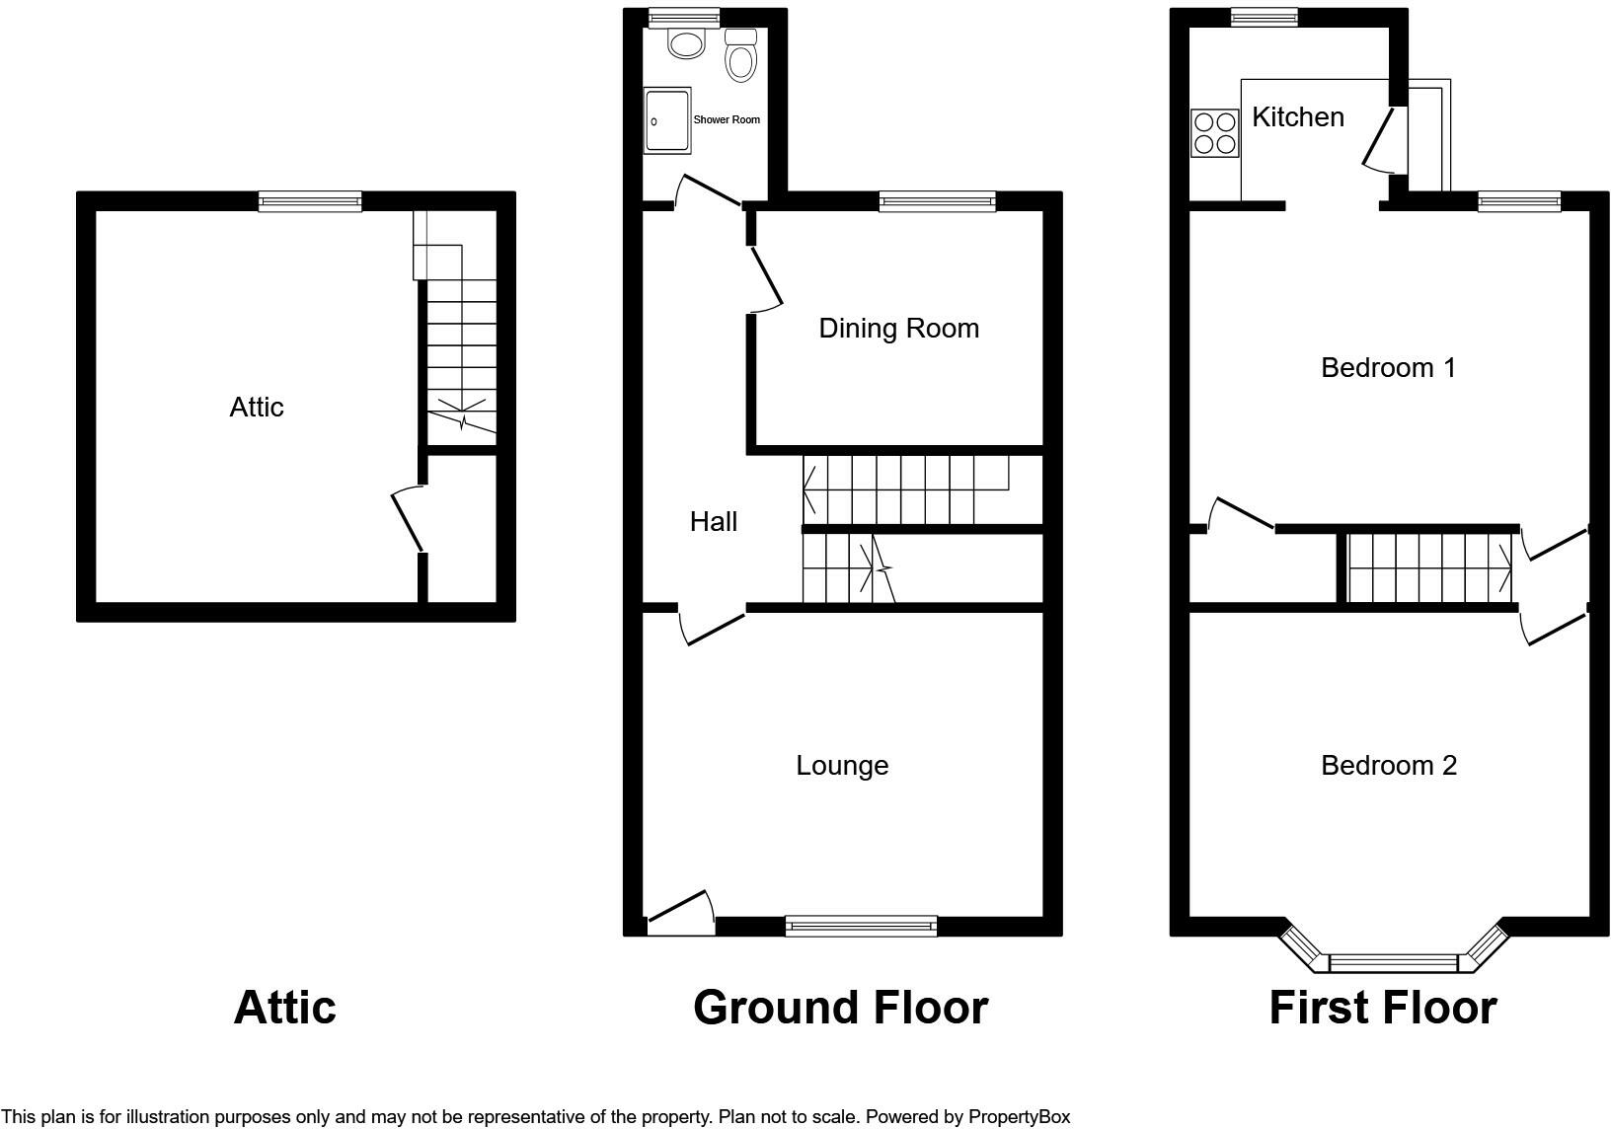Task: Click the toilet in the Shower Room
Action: (x=740, y=55)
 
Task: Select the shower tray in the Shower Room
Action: (x=667, y=120)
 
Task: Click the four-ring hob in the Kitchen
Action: (x=1215, y=132)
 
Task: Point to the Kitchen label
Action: (x=1298, y=117)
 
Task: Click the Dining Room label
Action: (x=899, y=329)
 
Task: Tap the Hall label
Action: (x=714, y=522)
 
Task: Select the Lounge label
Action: (x=842, y=766)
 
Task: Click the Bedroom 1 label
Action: (x=1389, y=368)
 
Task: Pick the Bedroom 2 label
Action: (x=1389, y=766)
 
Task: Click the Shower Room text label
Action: (x=727, y=120)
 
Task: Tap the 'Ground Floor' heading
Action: (x=841, y=1008)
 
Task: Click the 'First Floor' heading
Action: (x=1383, y=1008)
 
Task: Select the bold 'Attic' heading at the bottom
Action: (x=285, y=1008)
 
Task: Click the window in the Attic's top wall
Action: (x=310, y=201)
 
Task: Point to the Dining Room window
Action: (x=937, y=201)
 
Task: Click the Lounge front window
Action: (x=861, y=927)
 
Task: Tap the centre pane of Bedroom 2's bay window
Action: (x=1393, y=963)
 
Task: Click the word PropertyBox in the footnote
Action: (x=1019, y=1117)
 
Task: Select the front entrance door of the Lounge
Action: (x=680, y=913)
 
